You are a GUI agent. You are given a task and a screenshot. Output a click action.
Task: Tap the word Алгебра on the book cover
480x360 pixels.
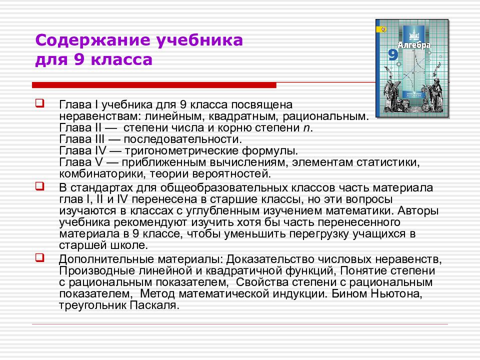[414, 45]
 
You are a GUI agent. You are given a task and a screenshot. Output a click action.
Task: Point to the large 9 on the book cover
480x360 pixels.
[393, 55]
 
